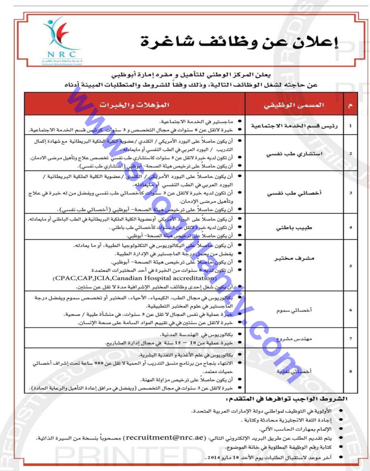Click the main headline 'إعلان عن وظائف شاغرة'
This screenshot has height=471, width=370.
pyautogui.click(x=239, y=42)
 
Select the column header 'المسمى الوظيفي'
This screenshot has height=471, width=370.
pyautogui.click(x=294, y=105)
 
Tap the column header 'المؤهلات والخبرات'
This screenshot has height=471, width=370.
pyautogui.click(x=134, y=105)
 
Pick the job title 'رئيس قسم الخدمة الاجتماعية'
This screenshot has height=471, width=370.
pyautogui.click(x=294, y=126)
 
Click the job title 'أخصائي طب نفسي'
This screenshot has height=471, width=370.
pyautogui.click(x=294, y=193)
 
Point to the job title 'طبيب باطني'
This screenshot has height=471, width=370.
pyautogui.click(x=294, y=228)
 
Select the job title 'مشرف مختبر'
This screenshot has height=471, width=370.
pyautogui.click(x=294, y=258)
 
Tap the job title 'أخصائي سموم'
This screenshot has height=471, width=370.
pyautogui.click(x=294, y=310)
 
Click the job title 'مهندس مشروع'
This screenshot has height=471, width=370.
pyautogui.click(x=294, y=339)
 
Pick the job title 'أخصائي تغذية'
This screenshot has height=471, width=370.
pyautogui.click(x=294, y=371)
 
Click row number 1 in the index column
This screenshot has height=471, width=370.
pyautogui.click(x=350, y=126)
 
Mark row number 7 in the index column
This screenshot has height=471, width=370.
pyautogui.click(x=350, y=339)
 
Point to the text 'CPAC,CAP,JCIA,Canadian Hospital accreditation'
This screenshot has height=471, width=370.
pyautogui.click(x=135, y=278)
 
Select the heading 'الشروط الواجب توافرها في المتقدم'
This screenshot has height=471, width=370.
pyautogui.click(x=287, y=399)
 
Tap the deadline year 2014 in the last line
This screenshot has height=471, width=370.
pyautogui.click(x=214, y=457)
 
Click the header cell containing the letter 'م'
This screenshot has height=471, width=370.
pyautogui.click(x=350, y=105)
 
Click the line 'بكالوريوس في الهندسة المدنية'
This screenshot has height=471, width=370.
pyautogui.click(x=196, y=335)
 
